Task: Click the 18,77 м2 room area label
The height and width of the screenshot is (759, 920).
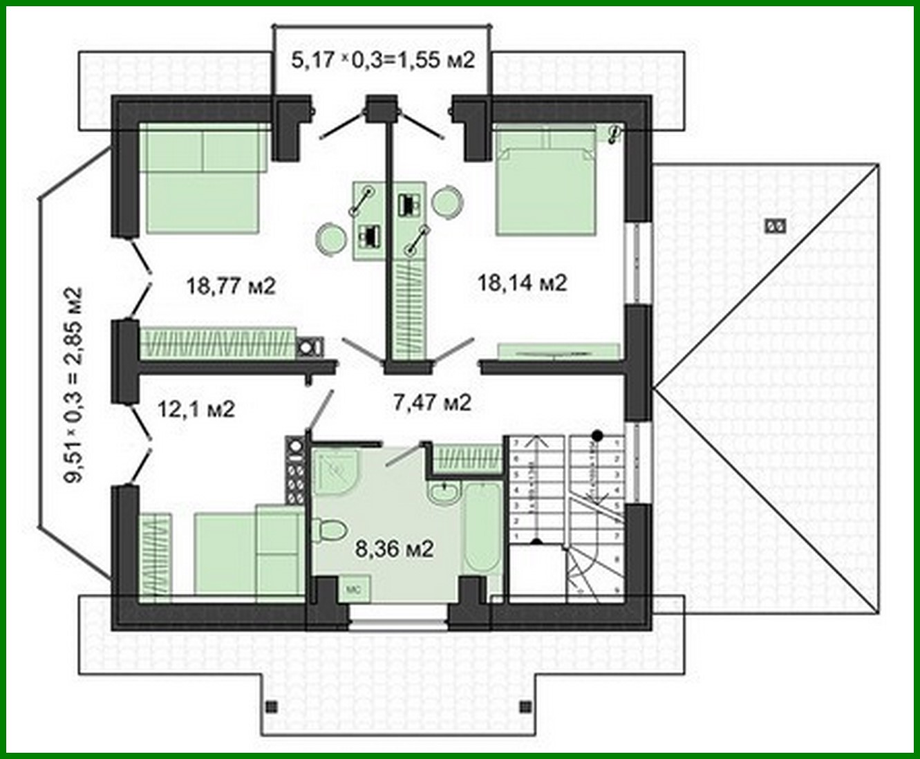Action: [231, 285]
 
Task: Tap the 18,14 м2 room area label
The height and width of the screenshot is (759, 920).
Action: [522, 283]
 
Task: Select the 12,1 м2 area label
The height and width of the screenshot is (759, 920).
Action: [196, 409]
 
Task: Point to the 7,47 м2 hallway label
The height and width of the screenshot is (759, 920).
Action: [432, 402]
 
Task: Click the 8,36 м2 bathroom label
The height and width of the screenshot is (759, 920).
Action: [394, 549]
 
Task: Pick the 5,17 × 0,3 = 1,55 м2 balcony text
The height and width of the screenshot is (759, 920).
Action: [384, 61]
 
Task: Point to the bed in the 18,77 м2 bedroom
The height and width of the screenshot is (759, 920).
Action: [203, 181]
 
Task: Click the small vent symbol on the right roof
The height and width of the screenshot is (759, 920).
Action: [775, 225]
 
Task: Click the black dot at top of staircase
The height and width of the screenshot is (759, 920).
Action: [598, 435]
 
